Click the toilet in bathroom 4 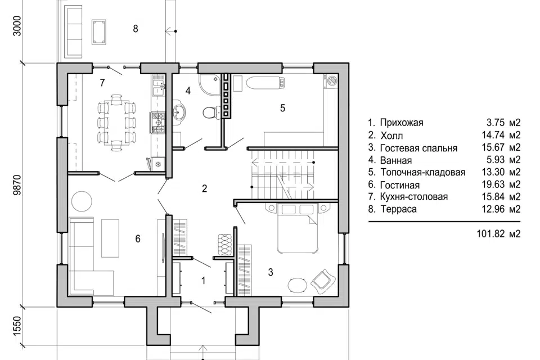pyautogui.click(x=210, y=112)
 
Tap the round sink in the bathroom pyautogui.click(x=178, y=111)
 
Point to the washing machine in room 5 pyautogui.click(x=332, y=80)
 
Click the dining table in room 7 pyautogui.click(x=116, y=123)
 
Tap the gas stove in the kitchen pyautogui.click(x=157, y=122)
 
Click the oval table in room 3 pyautogui.click(x=297, y=285)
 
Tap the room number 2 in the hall pyautogui.click(x=205, y=188)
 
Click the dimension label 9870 pyautogui.click(x=17, y=184)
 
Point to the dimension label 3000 pyautogui.click(x=17, y=26)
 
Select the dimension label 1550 pyautogui.click(x=17, y=326)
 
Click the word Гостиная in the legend pyautogui.click(x=400, y=185)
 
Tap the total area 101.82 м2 pyautogui.click(x=498, y=234)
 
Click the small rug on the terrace pyautogui.click(x=99, y=32)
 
